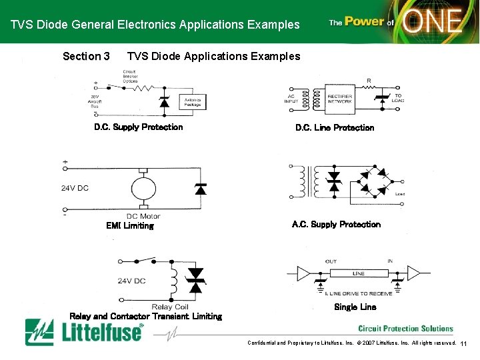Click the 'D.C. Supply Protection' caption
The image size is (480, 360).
[138, 127]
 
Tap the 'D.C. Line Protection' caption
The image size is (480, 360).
[335, 127]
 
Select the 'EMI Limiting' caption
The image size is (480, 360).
[130, 225]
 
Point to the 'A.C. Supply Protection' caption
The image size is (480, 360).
[336, 225]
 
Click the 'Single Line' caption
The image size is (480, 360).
[355, 307]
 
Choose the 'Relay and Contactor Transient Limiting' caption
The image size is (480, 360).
[145, 316]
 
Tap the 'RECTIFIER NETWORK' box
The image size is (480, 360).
[340, 99]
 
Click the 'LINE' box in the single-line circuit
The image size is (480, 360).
[359, 273]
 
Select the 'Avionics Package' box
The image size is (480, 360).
[192, 102]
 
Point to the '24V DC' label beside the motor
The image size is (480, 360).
[75, 188]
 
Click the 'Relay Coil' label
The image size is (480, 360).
[170, 307]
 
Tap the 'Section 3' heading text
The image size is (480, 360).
[86, 57]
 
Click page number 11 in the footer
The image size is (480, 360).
[465, 344]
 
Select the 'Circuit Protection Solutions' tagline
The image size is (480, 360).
[405, 329]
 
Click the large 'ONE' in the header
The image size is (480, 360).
[433, 22]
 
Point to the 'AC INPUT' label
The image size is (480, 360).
[292, 99]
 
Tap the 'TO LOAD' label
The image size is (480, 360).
[398, 98]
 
